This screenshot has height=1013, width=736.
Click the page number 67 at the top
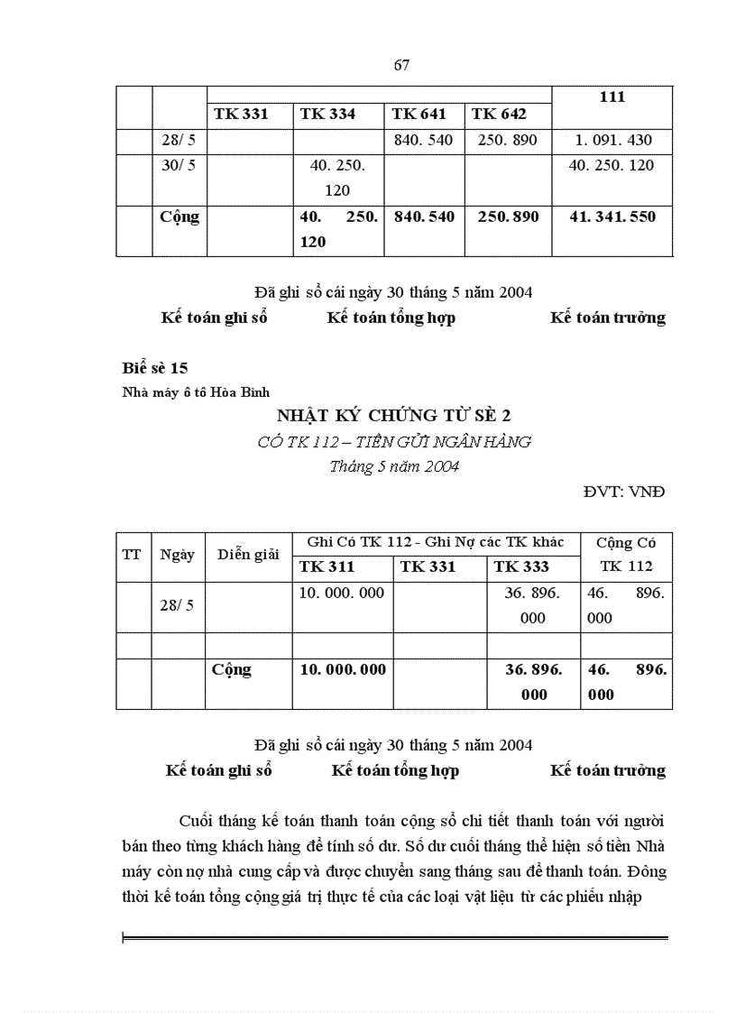pyautogui.click(x=402, y=64)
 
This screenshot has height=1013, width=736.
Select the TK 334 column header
pyautogui.click(x=327, y=114)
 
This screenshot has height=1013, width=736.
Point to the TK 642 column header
pyautogui.click(x=499, y=114)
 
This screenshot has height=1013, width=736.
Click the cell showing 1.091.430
pyautogui.click(x=612, y=140)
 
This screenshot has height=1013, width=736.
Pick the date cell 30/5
pyautogui.click(x=179, y=165)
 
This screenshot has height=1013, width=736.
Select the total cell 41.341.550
pyautogui.click(x=612, y=216)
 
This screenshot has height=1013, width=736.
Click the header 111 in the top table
pyautogui.click(x=612, y=97)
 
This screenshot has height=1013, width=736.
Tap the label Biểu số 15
pyautogui.click(x=154, y=367)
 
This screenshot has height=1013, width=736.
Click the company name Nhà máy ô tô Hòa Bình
pyautogui.click(x=196, y=391)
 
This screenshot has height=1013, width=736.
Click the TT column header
pyautogui.click(x=132, y=554)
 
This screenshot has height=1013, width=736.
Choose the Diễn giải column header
pyautogui.click(x=248, y=554)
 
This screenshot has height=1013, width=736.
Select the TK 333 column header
pyautogui.click(x=521, y=566)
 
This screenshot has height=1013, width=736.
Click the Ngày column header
pyautogui.click(x=178, y=554)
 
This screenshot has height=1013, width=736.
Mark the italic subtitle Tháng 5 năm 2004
pyautogui.click(x=394, y=466)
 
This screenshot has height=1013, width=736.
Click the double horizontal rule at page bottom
pyautogui.click(x=394, y=939)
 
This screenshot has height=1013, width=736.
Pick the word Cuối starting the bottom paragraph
pyautogui.click(x=199, y=821)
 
